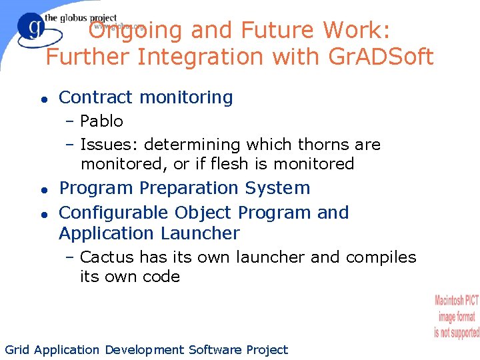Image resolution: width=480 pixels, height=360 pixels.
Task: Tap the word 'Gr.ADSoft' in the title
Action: [x=381, y=57]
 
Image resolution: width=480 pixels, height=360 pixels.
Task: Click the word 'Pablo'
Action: [x=101, y=121]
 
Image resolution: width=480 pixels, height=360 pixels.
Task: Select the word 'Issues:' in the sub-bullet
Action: [x=109, y=145]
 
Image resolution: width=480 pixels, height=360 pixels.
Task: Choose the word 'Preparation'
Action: [x=188, y=189]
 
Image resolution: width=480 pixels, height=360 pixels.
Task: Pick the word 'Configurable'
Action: [x=113, y=213]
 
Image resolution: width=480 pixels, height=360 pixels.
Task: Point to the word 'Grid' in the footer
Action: [x=17, y=350]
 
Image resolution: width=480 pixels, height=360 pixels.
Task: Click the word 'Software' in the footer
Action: [x=215, y=350]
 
